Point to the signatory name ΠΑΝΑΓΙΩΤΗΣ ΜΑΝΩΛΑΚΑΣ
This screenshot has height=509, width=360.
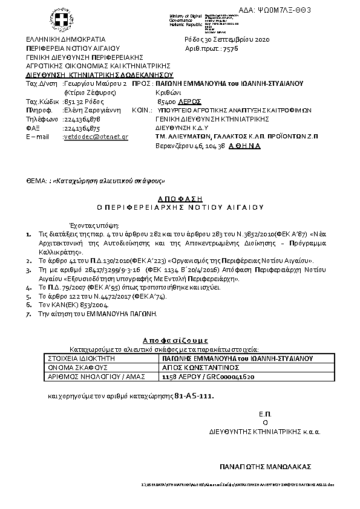coord(265,467)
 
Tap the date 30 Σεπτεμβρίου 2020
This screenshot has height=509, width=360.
coord(243,40)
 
